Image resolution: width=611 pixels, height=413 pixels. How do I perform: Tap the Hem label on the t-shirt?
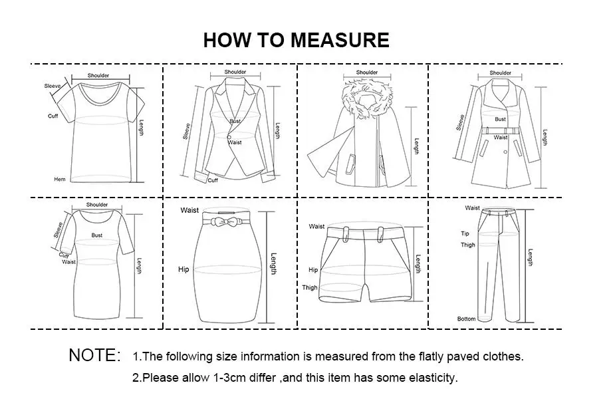click(60, 179)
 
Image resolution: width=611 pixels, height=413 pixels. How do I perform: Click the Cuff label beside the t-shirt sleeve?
click(53, 116)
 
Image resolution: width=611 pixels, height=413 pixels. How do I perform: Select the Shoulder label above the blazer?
click(235, 72)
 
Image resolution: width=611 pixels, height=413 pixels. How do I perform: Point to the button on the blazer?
click(229, 137)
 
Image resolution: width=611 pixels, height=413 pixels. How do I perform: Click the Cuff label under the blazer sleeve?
click(213, 180)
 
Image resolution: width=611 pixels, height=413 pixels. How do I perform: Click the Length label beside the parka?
click(416, 146)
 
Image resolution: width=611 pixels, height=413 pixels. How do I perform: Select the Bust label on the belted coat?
click(501, 119)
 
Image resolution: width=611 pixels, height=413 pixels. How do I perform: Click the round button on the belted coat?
click(505, 152)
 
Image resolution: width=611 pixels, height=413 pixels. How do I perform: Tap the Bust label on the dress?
click(96, 235)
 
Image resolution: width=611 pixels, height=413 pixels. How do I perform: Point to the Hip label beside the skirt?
click(183, 269)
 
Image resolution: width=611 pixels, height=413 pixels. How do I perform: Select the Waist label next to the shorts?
click(316, 226)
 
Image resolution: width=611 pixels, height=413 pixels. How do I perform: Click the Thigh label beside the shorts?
click(310, 287)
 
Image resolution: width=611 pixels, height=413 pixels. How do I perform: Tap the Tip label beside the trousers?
click(465, 233)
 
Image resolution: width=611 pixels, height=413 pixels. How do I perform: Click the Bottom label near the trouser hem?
click(467, 319)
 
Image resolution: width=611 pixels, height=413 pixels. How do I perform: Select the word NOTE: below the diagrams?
click(94, 355)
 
